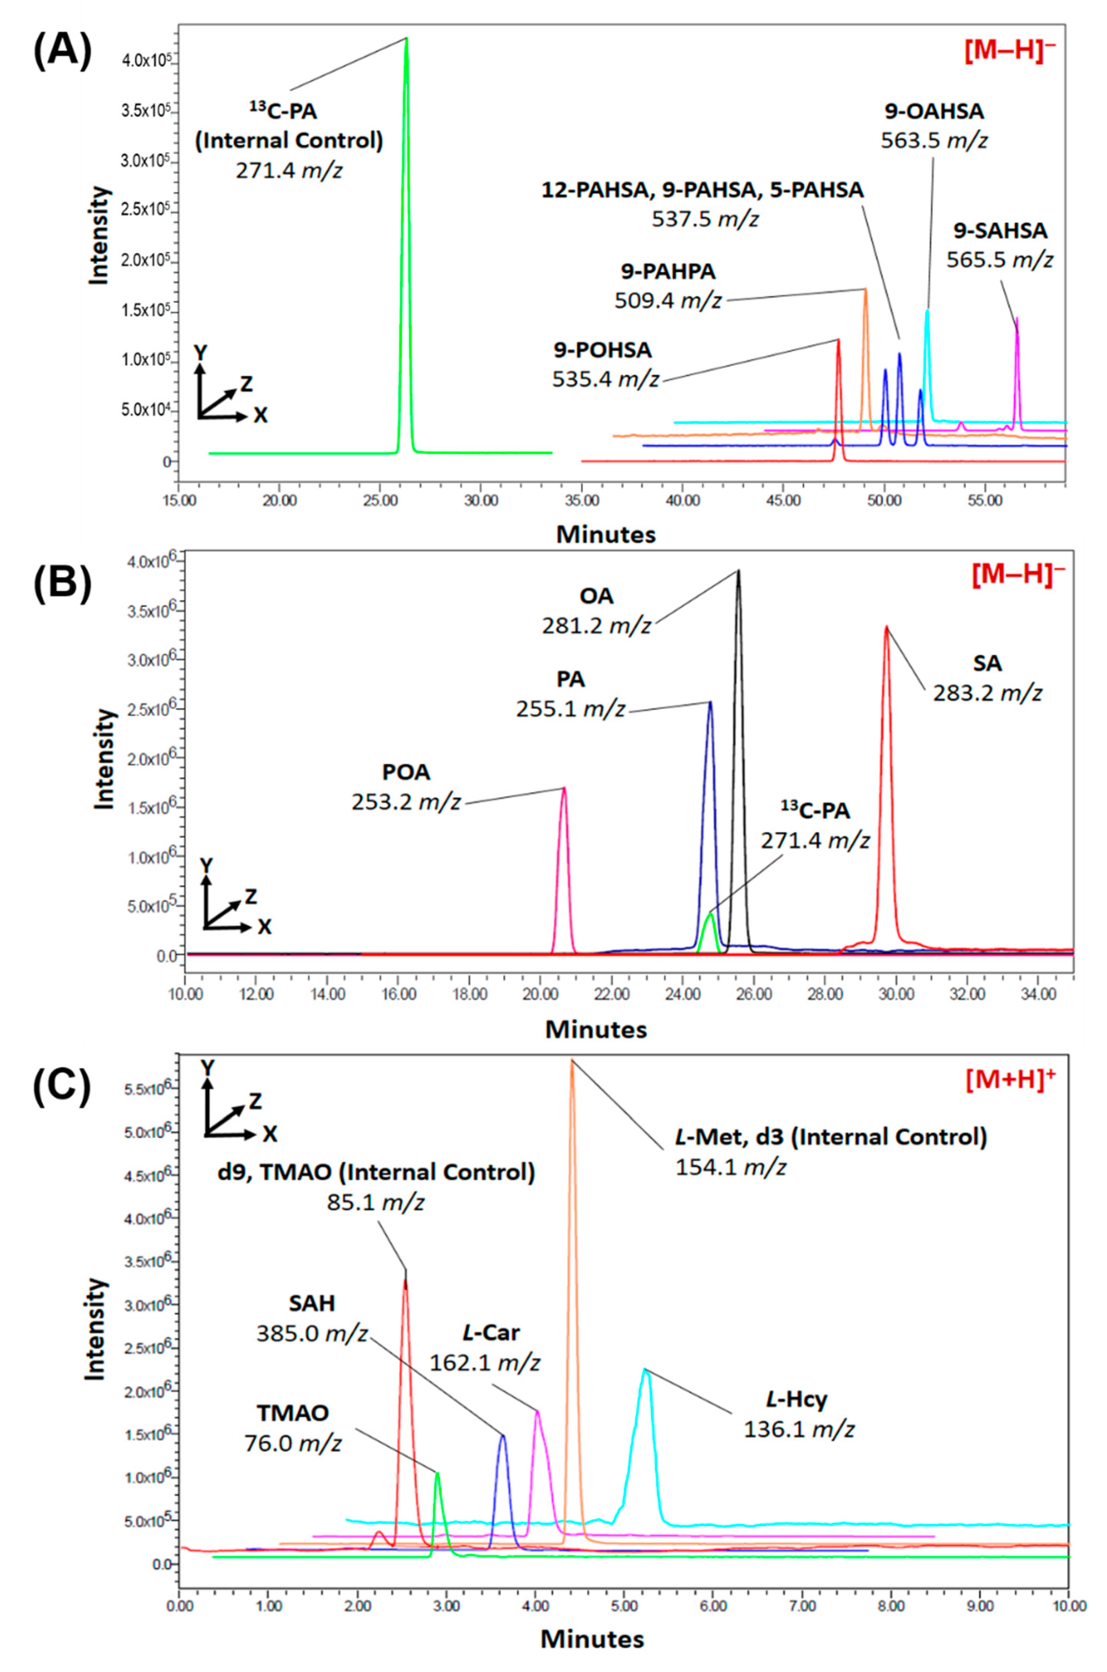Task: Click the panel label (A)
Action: click(x=62, y=53)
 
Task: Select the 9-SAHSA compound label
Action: click(x=1001, y=231)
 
